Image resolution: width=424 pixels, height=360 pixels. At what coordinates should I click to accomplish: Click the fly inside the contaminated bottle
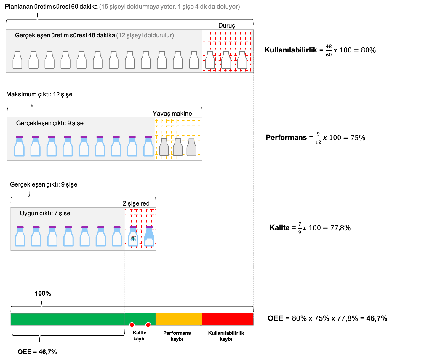133,238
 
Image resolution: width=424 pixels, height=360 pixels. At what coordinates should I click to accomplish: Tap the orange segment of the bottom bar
179,319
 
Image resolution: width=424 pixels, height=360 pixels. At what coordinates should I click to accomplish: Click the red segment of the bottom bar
228,319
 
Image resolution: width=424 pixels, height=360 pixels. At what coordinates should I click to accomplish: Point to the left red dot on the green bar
132,325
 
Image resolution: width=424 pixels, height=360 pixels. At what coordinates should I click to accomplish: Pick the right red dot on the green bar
148,325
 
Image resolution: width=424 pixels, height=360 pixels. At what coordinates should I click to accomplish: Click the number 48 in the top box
92,35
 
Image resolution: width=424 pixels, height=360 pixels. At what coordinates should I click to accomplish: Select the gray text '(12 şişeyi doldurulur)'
145,35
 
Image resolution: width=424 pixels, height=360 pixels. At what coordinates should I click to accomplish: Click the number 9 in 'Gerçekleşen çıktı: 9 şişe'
69,123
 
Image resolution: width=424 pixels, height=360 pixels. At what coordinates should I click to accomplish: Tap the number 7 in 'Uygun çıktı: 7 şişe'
56,213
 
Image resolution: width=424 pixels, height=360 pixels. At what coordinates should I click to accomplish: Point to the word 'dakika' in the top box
106,35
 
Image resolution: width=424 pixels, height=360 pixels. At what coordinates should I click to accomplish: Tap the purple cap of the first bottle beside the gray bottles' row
19,137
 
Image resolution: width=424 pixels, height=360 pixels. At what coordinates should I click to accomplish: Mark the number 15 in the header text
104,7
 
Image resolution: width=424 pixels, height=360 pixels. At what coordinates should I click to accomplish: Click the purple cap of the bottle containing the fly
133,227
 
